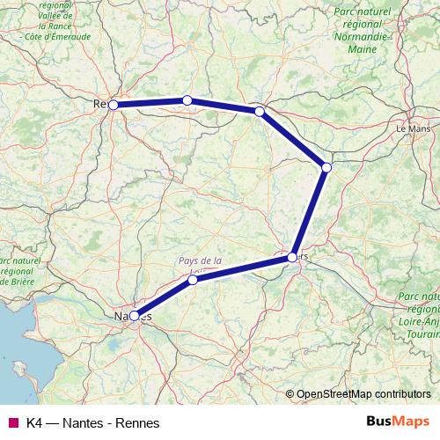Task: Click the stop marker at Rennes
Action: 114,105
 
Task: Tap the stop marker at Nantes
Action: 134,315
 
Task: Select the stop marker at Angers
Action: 292,257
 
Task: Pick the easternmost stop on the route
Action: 326,167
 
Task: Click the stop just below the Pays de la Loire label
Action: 193,280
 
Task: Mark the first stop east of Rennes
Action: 187,100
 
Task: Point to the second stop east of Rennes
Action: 259,111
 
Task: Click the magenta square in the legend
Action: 13,423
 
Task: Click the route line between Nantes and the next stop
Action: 164,297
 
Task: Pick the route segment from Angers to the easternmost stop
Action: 310,211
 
